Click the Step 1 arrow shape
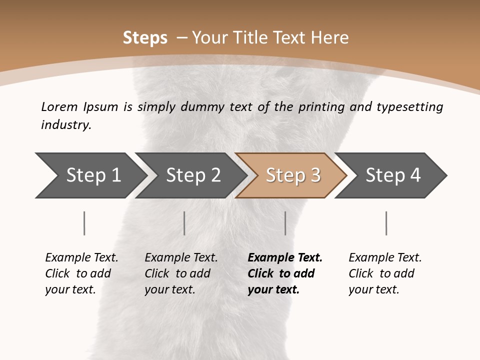[90, 175]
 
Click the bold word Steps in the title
[145, 38]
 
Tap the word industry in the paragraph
[65, 124]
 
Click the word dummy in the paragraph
[212, 107]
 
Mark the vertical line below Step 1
[84, 223]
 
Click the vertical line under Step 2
[184, 223]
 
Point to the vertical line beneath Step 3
[285, 223]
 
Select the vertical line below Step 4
[386, 223]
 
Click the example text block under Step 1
[81, 273]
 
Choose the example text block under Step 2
[181, 273]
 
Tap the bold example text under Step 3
[285, 273]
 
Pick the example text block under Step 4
[385, 273]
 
